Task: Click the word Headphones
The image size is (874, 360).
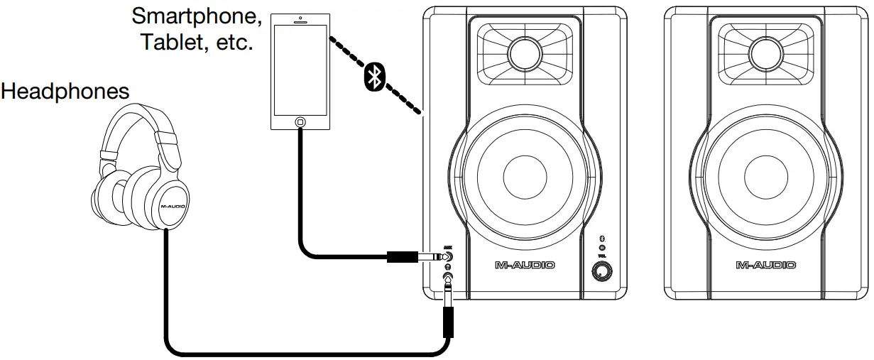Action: pos(65,92)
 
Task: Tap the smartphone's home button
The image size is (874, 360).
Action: pos(300,122)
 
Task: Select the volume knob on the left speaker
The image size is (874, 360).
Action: pos(603,271)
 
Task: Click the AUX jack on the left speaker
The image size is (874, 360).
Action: pos(448,258)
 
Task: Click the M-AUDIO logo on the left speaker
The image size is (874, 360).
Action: pos(525,265)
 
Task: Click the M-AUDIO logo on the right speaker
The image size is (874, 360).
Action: pos(766,265)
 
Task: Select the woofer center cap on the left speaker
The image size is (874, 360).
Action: pos(525,174)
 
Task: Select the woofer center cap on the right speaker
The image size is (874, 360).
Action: pos(766,174)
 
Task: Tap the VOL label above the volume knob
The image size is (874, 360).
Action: pos(602,256)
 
